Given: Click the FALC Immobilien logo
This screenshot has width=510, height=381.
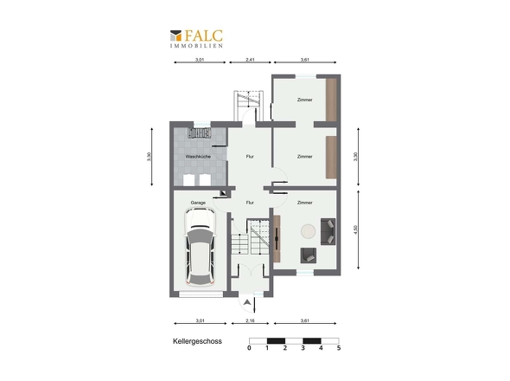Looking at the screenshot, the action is [196, 39].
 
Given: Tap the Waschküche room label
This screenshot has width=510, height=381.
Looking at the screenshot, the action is [198, 157].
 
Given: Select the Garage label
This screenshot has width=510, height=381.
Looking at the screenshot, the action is [198, 203].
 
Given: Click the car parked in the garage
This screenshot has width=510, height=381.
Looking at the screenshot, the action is [200, 246].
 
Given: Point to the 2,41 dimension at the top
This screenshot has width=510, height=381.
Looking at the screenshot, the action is [250, 60].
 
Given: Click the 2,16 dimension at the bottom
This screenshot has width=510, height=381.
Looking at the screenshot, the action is [250, 320].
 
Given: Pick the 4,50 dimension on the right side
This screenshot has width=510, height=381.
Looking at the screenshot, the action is [355, 229].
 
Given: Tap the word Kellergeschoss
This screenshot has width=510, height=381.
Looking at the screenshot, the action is [197, 341].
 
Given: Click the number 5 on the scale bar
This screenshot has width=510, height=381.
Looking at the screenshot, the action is [339, 348].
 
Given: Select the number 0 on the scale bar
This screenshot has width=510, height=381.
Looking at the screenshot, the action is [249, 348].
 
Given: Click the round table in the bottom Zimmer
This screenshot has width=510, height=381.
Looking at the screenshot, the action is [308, 231].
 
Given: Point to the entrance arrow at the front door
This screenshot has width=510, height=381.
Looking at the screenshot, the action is [247, 302].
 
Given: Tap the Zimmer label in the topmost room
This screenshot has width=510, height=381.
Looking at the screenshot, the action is [305, 100].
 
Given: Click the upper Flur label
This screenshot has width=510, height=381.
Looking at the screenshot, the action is [250, 157].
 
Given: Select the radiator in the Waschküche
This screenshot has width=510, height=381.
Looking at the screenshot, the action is [200, 133].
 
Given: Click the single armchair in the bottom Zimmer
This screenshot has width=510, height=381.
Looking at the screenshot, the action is [309, 255].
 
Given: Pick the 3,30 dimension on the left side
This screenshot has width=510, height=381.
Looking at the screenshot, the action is [149, 157].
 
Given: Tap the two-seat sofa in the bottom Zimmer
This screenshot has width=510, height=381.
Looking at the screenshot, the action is [328, 231].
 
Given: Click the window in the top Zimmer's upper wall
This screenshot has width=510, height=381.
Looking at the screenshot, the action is [306, 76].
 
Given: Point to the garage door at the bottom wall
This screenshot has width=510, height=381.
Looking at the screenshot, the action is [201, 294].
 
